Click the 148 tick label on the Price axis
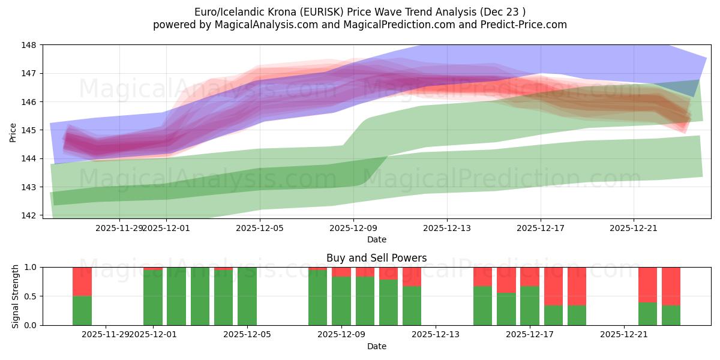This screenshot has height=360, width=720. click(x=28, y=45)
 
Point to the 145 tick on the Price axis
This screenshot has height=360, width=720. click(x=28, y=130)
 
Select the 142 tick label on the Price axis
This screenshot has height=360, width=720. click(x=28, y=215)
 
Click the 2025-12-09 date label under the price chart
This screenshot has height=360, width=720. click(x=353, y=228)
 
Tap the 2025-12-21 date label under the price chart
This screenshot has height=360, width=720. click(x=634, y=228)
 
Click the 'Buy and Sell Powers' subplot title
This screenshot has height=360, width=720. click(x=376, y=258)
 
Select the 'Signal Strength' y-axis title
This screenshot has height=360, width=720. click(x=16, y=296)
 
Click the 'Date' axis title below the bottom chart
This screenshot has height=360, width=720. click(x=376, y=346)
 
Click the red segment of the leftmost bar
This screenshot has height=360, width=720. click(x=82, y=281)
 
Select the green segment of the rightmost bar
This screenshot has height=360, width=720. click(x=671, y=315)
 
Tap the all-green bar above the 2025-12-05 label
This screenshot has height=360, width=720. click(x=247, y=296)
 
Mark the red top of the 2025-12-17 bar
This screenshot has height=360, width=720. click(x=530, y=277)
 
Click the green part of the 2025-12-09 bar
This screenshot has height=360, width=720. click(x=341, y=301)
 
